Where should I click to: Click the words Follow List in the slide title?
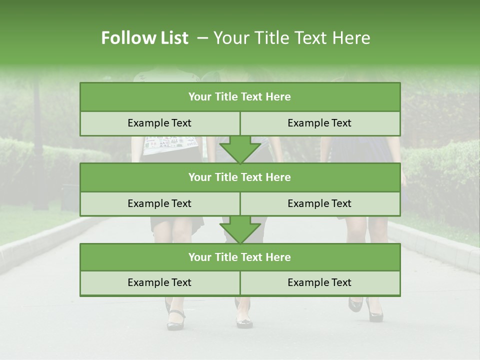click(x=144, y=38)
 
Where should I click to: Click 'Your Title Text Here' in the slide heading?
click(x=292, y=38)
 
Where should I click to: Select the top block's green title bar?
click(x=240, y=97)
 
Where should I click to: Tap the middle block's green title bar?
click(x=240, y=177)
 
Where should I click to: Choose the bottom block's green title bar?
click(x=240, y=257)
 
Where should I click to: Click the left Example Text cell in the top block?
click(x=159, y=123)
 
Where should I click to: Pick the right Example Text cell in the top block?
click(x=320, y=123)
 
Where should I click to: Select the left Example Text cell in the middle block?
click(x=159, y=203)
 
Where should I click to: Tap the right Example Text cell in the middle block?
click(x=320, y=203)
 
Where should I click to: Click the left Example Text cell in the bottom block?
click(x=159, y=283)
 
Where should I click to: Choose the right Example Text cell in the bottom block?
click(x=320, y=283)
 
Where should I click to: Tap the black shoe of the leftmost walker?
click(x=175, y=320)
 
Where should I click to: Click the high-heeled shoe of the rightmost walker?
click(x=374, y=312)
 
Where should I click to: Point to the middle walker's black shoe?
click(x=244, y=321)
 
